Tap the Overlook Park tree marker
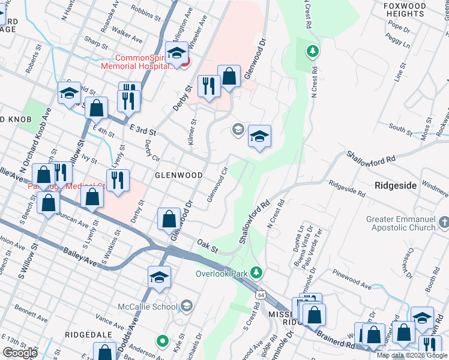tap(257, 273)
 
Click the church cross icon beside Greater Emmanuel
tap(444, 223)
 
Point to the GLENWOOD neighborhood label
tap(178, 175)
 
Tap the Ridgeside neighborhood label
tap(396, 185)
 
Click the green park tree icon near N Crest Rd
tap(312, 51)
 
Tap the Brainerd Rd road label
tap(341, 339)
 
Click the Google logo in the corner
tap(19, 352)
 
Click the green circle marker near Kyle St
tap(161, 342)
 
